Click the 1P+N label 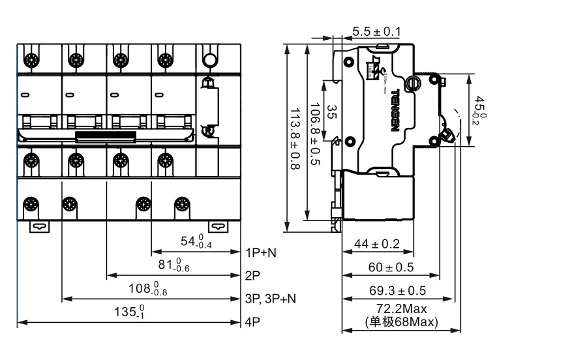[x=261, y=252]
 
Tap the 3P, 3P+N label [x=270, y=299]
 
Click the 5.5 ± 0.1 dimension [x=376, y=31]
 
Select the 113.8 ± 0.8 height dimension [x=293, y=140]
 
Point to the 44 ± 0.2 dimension [x=376, y=244]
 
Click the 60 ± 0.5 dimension [x=391, y=267]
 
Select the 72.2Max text [x=402, y=308]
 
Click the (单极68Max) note [x=402, y=321]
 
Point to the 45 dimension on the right [x=479, y=108]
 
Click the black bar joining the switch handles [x=106, y=136]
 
